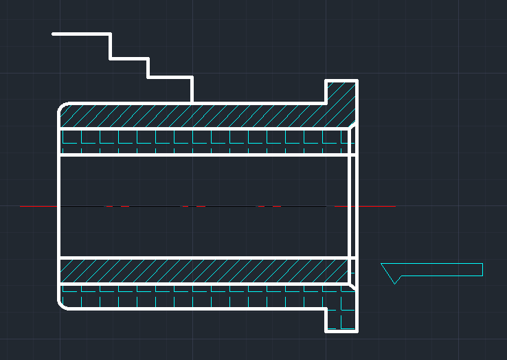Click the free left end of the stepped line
[x=53, y=33]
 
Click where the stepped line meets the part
[x=192, y=103]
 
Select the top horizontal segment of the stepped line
[x=81, y=33]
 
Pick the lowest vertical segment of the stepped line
[x=192, y=90]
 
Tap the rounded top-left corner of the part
[x=61, y=106]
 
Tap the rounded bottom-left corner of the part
[x=61, y=305]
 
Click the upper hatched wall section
[x=192, y=115]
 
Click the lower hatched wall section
[x=192, y=271]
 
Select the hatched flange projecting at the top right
[x=341, y=96]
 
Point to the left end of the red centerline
[x=21, y=206]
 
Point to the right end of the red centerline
[x=395, y=206]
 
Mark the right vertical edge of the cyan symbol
[x=482, y=269]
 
